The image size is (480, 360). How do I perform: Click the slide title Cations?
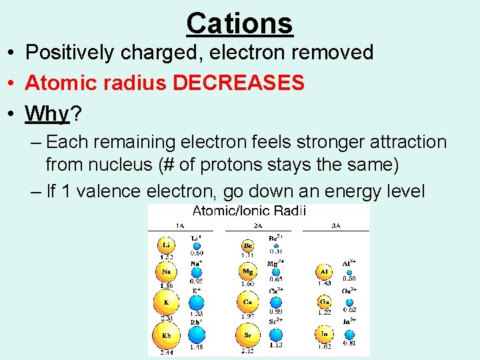(239, 23)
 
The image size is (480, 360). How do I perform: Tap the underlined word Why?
(47, 114)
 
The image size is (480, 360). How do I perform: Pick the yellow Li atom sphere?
(166, 245)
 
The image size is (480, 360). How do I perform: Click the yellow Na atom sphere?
(166, 272)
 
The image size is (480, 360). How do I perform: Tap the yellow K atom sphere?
(166, 301)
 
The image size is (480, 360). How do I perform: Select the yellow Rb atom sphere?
(166, 334)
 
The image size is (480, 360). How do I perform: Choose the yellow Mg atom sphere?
(248, 271)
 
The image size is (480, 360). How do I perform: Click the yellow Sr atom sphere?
(247, 334)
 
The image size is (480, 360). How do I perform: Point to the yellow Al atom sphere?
(325, 272)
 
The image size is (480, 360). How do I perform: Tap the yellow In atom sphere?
(325, 334)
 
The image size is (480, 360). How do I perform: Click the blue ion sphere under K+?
(197, 302)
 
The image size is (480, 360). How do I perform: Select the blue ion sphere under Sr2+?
(275, 334)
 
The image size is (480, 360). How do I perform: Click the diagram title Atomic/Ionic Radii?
(249, 211)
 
